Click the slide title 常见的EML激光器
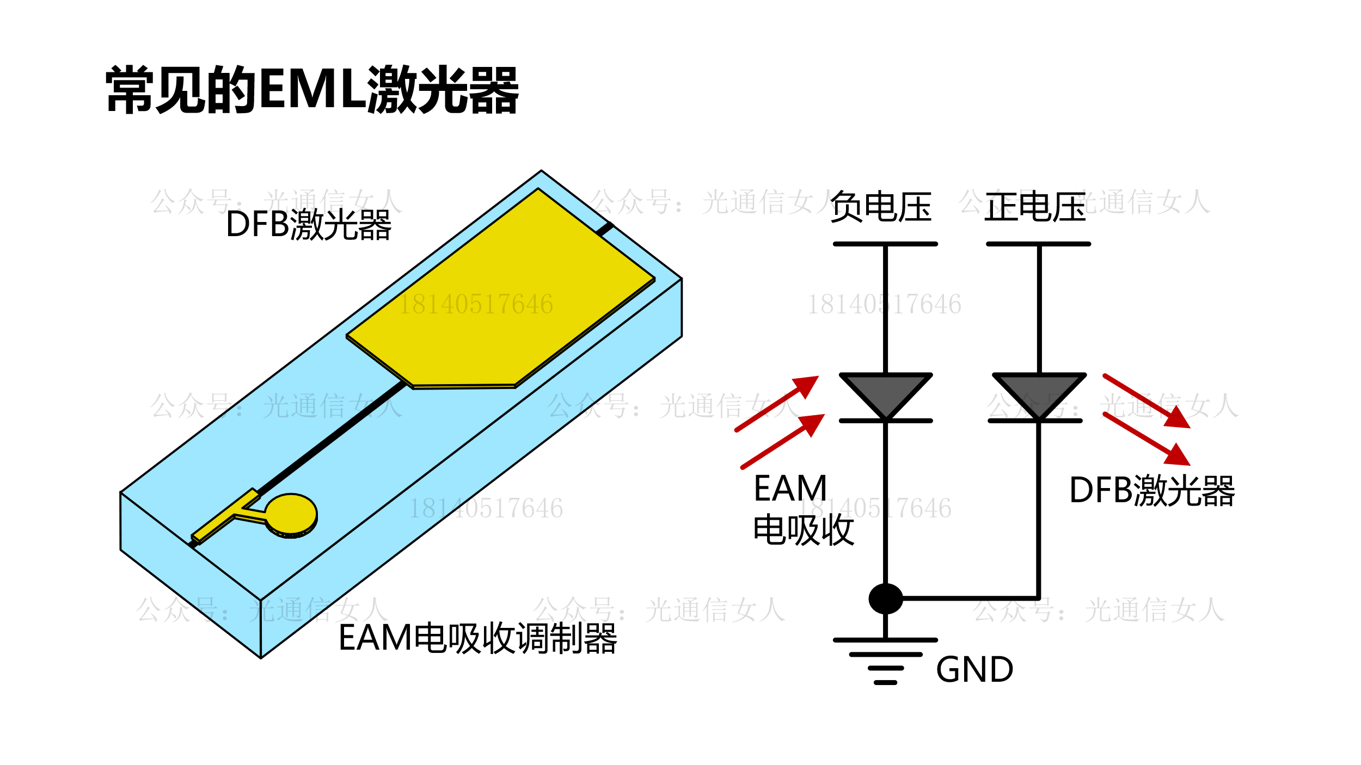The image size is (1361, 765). point(312,90)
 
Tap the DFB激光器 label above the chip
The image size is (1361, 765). point(308,224)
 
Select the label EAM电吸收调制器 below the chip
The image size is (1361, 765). point(477,638)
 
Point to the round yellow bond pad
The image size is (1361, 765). point(291,514)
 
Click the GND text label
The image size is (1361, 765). point(974,670)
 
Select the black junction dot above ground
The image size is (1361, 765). point(885,599)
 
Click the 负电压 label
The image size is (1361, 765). point(880,207)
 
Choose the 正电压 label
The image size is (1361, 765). point(1035,207)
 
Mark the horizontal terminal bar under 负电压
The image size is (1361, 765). point(885,244)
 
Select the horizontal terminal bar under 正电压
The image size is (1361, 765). point(1038,244)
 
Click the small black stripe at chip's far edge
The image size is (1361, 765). point(605,229)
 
